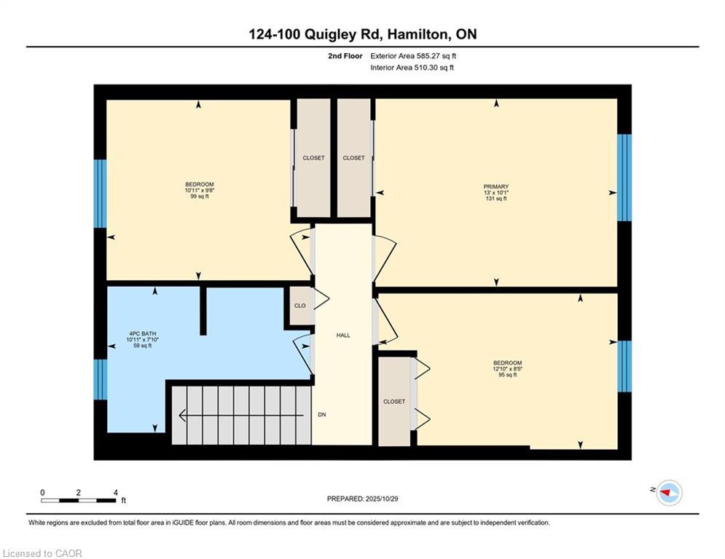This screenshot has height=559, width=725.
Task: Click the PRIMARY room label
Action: point(496,186)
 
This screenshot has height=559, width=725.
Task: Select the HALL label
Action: point(343,336)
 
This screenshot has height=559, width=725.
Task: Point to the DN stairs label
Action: point(321,414)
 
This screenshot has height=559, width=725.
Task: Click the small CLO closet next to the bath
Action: point(299,306)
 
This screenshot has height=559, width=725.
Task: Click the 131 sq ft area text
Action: point(496,199)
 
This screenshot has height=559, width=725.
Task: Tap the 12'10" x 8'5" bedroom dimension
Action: point(508,369)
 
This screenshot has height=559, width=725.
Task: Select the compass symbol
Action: point(668,493)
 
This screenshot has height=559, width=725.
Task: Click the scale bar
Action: point(79,500)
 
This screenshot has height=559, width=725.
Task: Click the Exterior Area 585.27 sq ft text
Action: point(413,55)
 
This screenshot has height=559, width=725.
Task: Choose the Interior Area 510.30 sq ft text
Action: point(412,68)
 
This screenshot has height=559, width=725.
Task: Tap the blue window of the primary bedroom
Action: point(624,178)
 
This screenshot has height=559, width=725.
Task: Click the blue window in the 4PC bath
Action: point(101,379)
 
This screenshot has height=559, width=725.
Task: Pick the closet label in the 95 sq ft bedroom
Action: point(394,401)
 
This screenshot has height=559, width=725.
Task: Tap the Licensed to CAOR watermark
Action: point(42,553)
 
